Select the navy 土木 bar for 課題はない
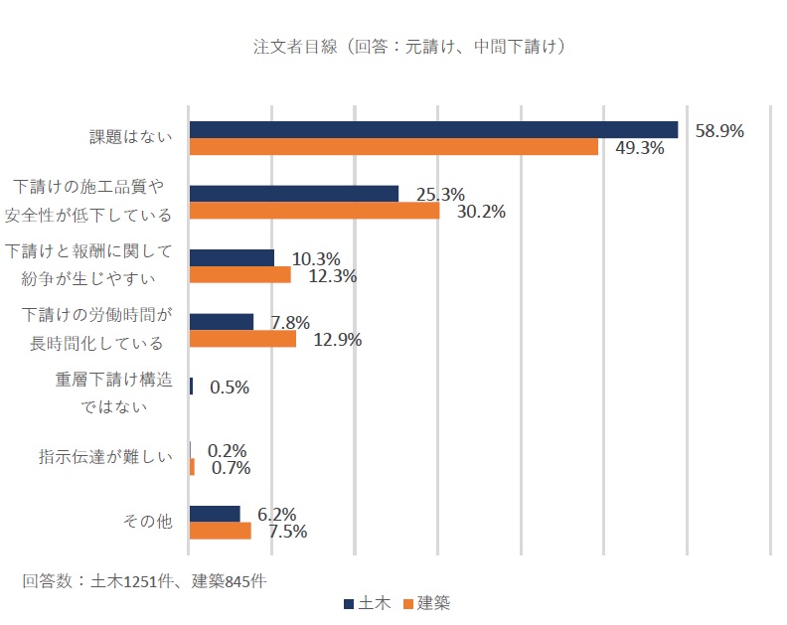pos(433,130)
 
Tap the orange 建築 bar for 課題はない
pos(393,147)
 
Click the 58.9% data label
pos(719,130)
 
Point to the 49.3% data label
pos(639,148)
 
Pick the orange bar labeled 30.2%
pos(314,211)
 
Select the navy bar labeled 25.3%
pos(293,194)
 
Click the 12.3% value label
pos(333,275)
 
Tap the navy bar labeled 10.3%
pos(232,258)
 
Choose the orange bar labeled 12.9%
pos(242,339)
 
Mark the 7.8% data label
pos(290,322)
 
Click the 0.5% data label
pos(230,387)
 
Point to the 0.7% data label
pos(231,467)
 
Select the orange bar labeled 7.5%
pos(220,531)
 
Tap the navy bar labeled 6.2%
pos(215,514)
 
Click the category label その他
pos(146,522)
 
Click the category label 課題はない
pos(131,138)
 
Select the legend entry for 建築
pos(425,602)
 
